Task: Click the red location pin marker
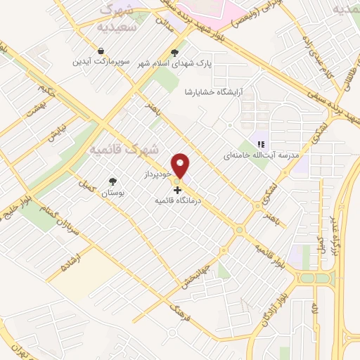tap(181, 165)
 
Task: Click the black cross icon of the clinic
tap(177, 190)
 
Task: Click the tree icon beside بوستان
tap(112, 181)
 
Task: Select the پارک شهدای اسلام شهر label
tap(175, 63)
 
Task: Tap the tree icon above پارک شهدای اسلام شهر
tap(175, 52)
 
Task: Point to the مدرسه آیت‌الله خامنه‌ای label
tap(261, 155)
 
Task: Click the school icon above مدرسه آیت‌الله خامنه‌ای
tap(260, 144)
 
